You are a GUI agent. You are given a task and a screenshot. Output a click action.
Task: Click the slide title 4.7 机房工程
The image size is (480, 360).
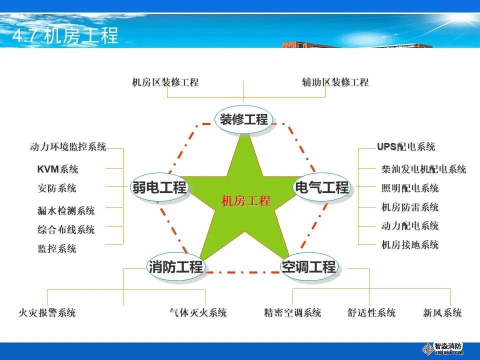pos(65,35)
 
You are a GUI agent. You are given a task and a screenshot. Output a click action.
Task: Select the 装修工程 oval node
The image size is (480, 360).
pos(243,119)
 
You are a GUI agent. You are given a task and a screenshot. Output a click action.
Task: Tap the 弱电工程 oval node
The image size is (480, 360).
pos(159,186)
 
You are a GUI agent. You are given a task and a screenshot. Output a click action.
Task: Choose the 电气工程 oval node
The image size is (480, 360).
pos(321,186)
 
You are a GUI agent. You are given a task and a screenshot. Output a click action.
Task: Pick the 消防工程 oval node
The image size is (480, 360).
pos(175,266)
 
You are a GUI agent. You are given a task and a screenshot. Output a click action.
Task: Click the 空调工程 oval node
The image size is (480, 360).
pos(309,266)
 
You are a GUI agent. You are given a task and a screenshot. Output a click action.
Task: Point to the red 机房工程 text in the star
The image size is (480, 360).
pos(246,201)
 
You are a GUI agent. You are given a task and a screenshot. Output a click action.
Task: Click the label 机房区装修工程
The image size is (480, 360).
pos(165,82)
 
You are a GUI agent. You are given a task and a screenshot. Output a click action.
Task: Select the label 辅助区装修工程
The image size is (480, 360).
pos(335,82)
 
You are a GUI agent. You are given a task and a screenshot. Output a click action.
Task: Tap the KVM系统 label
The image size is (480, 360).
pos(57,169)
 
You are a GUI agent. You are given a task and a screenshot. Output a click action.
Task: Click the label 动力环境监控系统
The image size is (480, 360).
pos(68,146)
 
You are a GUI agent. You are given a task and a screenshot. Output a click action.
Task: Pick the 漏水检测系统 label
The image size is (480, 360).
pos(66,210)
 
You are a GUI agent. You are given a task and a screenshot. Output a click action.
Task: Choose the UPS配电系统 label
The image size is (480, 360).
pos(406,146)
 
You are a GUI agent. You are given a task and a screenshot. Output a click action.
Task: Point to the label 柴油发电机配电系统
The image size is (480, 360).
pos(423,169)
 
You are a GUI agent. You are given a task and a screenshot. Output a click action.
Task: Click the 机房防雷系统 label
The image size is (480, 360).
pos(410,207)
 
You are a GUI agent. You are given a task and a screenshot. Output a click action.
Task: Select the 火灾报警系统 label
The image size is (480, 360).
pos(47,312)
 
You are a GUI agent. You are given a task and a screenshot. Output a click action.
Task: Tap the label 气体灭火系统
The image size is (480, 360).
pos(198,312)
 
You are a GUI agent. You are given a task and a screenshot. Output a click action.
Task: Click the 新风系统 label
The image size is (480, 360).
pos(442,312)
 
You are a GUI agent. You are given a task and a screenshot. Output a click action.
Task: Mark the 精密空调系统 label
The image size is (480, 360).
pos(292,312)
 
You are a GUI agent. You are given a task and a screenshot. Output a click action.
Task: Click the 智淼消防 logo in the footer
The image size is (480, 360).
pos(443,348)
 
